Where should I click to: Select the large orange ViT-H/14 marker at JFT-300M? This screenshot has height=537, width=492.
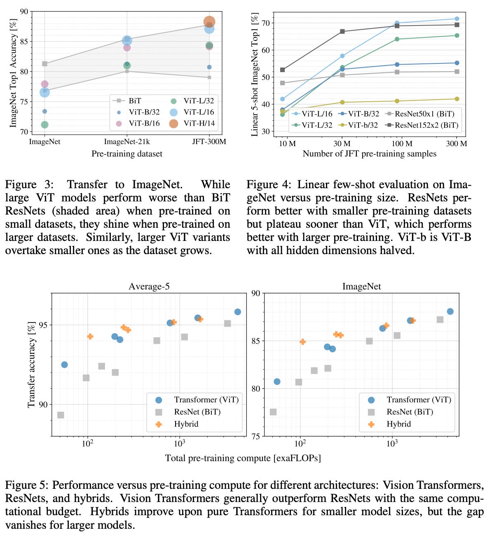tap(209, 22)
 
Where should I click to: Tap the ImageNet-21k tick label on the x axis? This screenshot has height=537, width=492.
tap(127, 142)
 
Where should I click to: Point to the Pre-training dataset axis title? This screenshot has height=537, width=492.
tap(127, 154)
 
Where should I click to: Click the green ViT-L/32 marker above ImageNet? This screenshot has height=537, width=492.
tap(45, 124)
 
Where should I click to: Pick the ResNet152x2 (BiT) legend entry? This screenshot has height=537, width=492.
tap(426, 125)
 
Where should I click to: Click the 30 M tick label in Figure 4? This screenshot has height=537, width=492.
tap(342, 143)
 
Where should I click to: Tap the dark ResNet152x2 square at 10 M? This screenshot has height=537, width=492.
tap(282, 70)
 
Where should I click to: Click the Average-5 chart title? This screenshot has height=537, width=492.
tap(149, 286)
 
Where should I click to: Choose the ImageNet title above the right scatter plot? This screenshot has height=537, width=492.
tap(361, 286)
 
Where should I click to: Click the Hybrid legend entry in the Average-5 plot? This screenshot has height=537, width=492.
tap(186, 424)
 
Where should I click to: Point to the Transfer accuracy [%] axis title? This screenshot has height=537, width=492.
tap(31, 365)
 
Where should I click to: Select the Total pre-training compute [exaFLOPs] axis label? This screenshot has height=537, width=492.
tap(243, 458)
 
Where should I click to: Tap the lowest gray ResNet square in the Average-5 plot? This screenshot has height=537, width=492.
tap(61, 415)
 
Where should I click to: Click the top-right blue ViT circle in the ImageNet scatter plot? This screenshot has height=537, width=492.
tap(450, 311)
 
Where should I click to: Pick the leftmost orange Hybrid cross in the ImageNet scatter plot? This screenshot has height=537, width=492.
tap(302, 342)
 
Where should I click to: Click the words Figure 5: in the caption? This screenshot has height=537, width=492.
tap(27, 485)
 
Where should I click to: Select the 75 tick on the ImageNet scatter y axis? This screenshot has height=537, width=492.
tap(255, 436)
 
